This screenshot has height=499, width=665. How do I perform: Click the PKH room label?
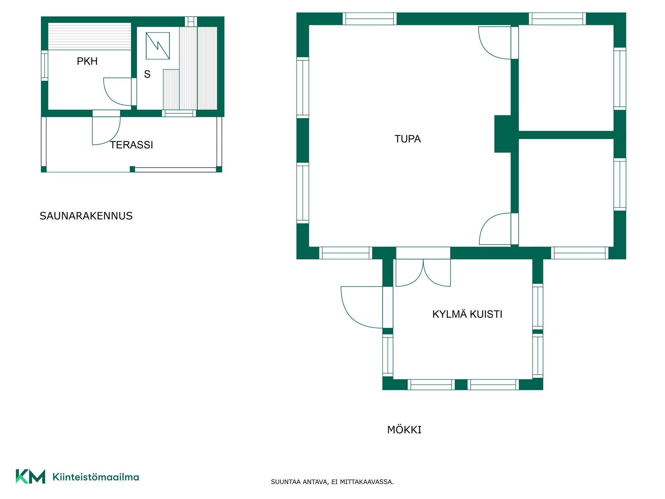(87, 61)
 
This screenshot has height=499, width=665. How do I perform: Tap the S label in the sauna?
(147, 74)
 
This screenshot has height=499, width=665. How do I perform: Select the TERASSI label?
(132, 145)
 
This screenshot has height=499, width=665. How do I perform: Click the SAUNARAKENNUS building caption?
(86, 216)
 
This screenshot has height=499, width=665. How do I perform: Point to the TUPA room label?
(408, 139)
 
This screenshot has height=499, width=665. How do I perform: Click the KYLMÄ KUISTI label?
(467, 314)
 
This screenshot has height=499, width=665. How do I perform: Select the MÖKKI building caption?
(404, 430)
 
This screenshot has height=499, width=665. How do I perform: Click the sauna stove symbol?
(158, 46)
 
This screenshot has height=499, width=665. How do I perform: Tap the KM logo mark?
(30, 476)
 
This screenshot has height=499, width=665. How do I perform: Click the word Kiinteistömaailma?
(96, 477)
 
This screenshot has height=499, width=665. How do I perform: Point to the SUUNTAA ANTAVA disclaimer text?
(332, 482)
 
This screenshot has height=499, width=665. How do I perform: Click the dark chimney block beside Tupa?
(503, 134)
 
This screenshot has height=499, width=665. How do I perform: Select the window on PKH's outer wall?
(44, 65)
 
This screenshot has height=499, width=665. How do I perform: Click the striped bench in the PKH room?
(89, 36)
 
